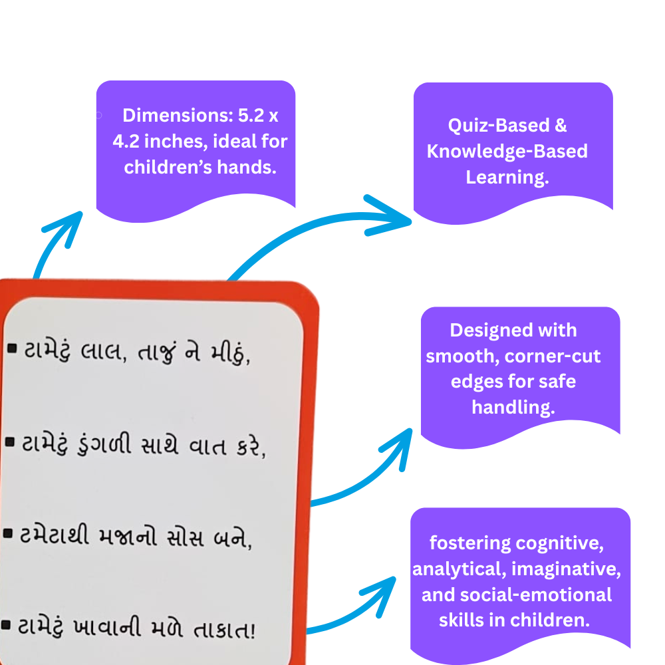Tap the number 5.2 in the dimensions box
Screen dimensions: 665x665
pyautogui.click(x=249, y=116)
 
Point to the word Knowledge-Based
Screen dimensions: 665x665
pyautogui.click(x=507, y=151)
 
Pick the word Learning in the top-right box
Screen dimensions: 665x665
pyautogui.click(x=507, y=178)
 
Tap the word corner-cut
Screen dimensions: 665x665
pyautogui.click(x=553, y=356)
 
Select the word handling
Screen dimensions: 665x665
pyautogui.click(x=513, y=407)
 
